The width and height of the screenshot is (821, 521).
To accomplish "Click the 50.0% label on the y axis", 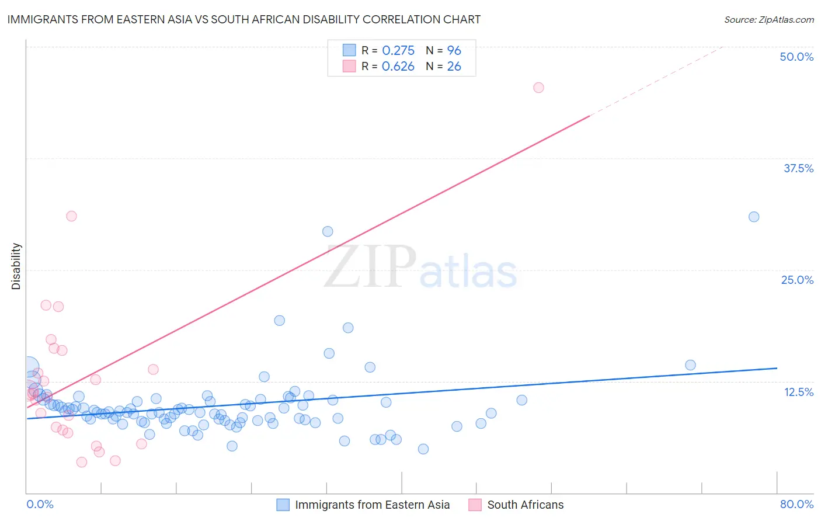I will pyautogui.click(x=796, y=57).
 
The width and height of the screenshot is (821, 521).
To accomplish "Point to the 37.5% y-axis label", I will pyautogui.click(x=798, y=168).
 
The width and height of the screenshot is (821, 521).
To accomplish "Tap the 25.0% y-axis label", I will pyautogui.click(x=797, y=280).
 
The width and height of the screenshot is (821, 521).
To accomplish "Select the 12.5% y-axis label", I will pyautogui.click(x=798, y=392).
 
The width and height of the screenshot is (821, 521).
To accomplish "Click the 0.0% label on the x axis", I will pyautogui.click(x=40, y=504).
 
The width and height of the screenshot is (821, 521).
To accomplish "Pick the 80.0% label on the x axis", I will pyautogui.click(x=796, y=504).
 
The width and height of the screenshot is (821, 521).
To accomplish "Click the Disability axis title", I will pyautogui.click(x=16, y=266).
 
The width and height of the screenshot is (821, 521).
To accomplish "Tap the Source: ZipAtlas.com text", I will pyautogui.click(x=768, y=19).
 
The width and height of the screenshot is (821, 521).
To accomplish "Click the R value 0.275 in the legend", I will pyautogui.click(x=398, y=50).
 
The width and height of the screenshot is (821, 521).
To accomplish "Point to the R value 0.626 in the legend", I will pyautogui.click(x=398, y=66).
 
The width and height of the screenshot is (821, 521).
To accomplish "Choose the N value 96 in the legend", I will pyautogui.click(x=454, y=50).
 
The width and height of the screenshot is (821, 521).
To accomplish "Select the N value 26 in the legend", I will pyautogui.click(x=454, y=66).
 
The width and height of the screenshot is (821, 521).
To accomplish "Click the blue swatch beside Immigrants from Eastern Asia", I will pyautogui.click(x=283, y=505).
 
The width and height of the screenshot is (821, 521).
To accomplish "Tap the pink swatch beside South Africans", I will pyautogui.click(x=475, y=505).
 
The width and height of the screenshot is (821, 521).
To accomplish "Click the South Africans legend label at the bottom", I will pyautogui.click(x=526, y=505).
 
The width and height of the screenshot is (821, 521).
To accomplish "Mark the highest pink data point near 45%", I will pyautogui.click(x=538, y=88).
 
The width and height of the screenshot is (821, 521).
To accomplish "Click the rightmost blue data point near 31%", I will pyautogui.click(x=754, y=217).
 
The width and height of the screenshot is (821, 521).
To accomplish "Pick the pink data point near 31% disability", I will pyautogui.click(x=71, y=216).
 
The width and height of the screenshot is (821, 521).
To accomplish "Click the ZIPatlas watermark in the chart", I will pyautogui.click(x=420, y=268).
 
